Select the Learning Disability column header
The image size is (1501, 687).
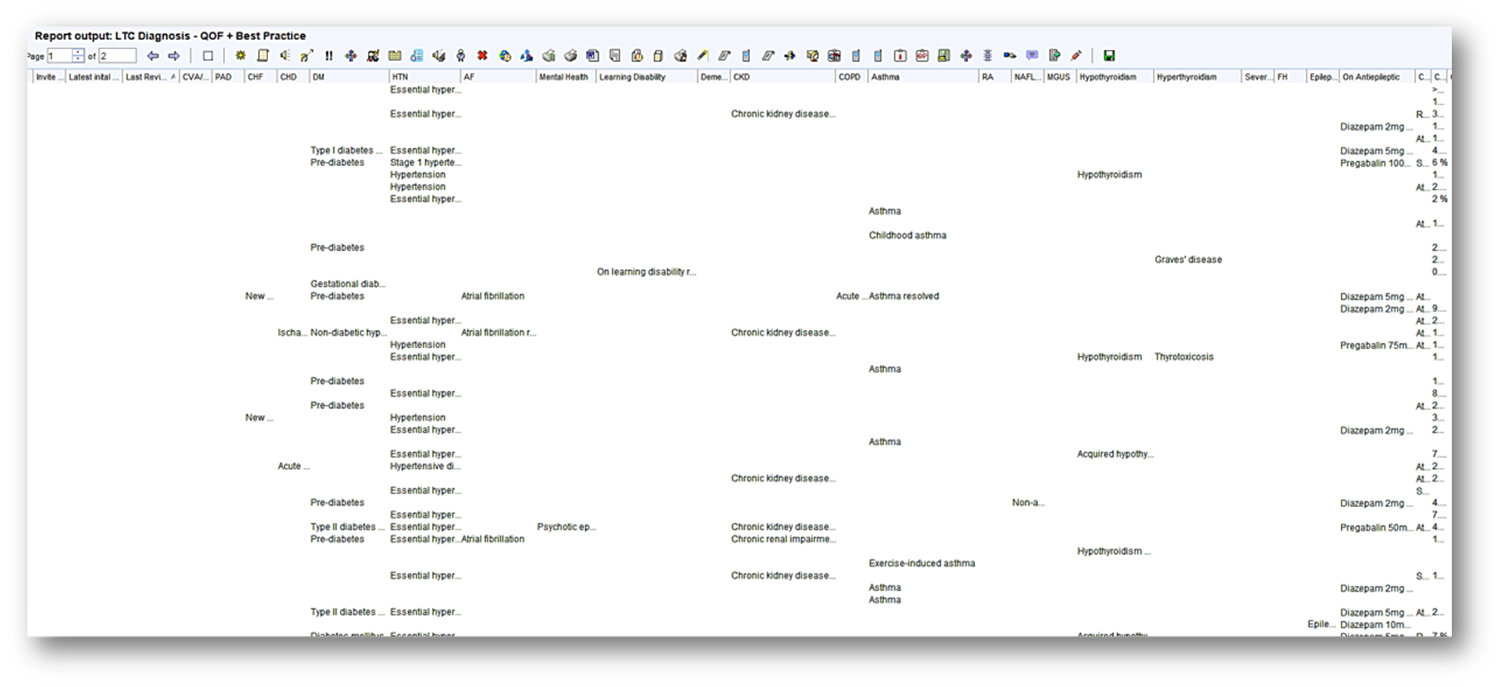(x=632, y=77)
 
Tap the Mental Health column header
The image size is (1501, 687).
(x=563, y=77)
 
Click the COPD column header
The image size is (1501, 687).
(x=849, y=77)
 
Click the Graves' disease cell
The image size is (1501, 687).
(x=1188, y=260)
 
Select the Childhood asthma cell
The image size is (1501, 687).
(x=906, y=236)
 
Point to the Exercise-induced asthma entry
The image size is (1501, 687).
(x=921, y=564)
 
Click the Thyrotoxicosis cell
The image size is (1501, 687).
(x=1183, y=357)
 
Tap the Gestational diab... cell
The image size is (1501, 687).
(x=347, y=284)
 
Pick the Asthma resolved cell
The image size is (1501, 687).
(x=903, y=296)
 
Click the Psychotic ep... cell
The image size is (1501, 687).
(x=566, y=528)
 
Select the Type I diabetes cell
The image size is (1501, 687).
(x=346, y=150)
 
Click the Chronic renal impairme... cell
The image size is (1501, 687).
(x=783, y=540)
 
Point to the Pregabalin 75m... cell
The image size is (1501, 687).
(x=1376, y=345)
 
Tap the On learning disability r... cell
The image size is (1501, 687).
(x=646, y=272)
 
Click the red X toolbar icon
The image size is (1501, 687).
(x=482, y=56)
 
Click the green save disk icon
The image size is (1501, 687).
(x=1109, y=56)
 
